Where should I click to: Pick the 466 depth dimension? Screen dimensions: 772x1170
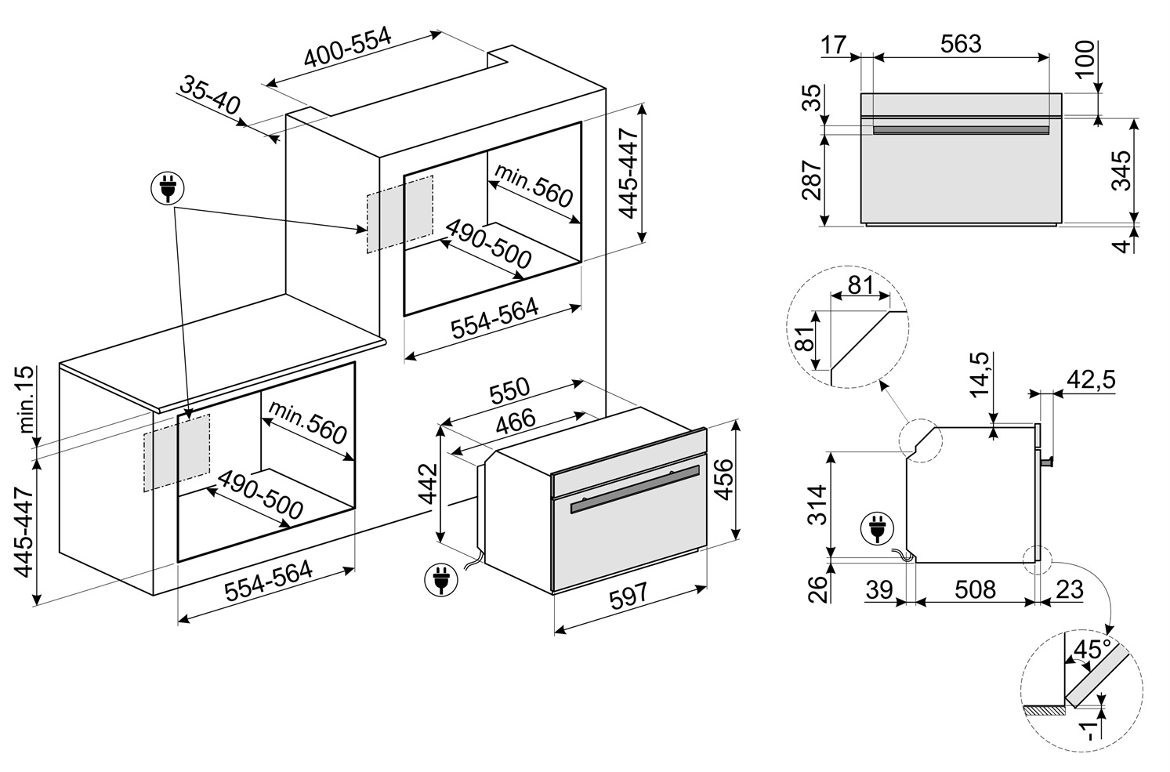pyautogui.click(x=516, y=420)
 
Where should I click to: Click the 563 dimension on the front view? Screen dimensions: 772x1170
pyautogui.click(x=961, y=44)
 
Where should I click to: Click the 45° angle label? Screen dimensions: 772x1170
pyautogui.click(x=1092, y=650)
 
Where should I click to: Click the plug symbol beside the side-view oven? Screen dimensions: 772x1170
pyautogui.click(x=876, y=529)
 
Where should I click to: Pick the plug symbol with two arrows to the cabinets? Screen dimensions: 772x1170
pyautogui.click(x=167, y=189)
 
